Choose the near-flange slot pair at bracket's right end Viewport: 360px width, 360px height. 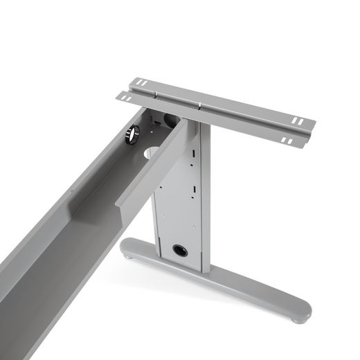[x=285, y=141]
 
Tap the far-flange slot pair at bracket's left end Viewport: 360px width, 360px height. [x=141, y=84]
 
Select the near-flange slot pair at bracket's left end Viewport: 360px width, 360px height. [x=125, y=96]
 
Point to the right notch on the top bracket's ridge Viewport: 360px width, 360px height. [x=201, y=105]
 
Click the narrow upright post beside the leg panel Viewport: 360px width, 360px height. [x=205, y=201]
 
